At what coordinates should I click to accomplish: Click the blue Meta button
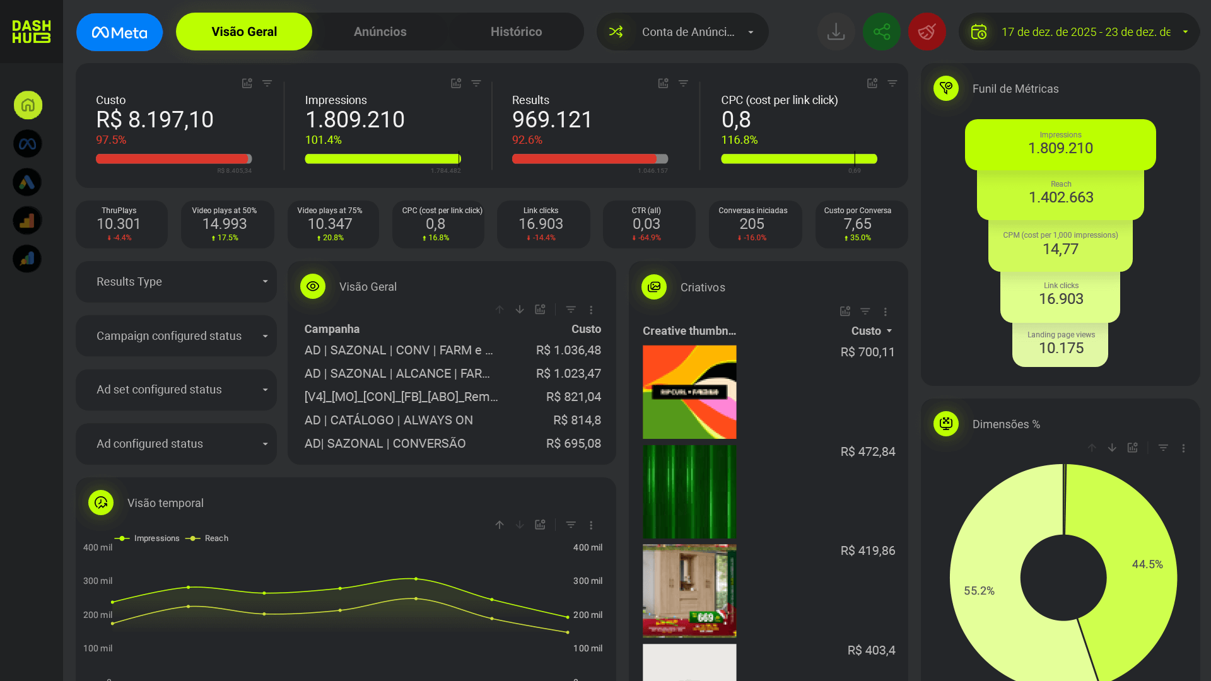click(x=119, y=32)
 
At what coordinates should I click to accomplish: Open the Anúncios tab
click(x=380, y=32)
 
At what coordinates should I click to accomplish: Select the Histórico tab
click(x=516, y=32)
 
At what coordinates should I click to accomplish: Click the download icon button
click(x=836, y=32)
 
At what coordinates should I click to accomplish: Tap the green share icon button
click(x=881, y=32)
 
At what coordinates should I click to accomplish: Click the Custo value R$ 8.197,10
click(x=155, y=120)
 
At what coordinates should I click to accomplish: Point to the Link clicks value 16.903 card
click(x=541, y=224)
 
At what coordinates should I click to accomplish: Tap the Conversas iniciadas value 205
click(x=752, y=224)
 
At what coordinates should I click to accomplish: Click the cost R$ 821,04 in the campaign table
click(x=573, y=397)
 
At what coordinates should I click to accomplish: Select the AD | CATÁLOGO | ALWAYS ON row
click(x=389, y=421)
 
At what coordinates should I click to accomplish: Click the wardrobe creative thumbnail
click(x=689, y=591)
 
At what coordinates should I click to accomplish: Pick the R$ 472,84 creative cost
click(x=867, y=452)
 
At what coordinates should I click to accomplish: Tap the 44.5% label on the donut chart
click(x=1147, y=564)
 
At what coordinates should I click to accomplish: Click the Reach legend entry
click(x=216, y=538)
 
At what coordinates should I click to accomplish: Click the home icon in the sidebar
click(x=28, y=105)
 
